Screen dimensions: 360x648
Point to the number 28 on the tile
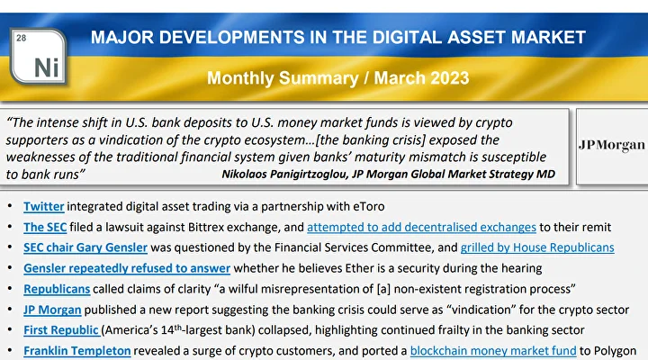(22, 38)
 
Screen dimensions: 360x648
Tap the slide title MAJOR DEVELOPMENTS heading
(338, 38)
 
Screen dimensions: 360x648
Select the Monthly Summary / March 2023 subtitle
(338, 77)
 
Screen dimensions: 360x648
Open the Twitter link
(43, 207)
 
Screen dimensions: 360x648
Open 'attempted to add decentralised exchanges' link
(421, 227)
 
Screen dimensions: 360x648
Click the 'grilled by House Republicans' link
(537, 247)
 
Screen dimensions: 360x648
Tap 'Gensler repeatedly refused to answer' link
(127, 268)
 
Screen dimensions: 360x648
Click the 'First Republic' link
(61, 330)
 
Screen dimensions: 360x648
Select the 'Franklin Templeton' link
(76, 351)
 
